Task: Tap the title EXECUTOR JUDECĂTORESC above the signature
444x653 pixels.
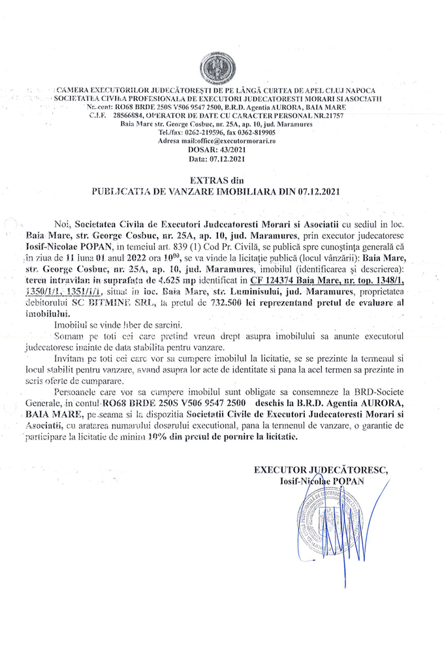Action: coord(321,469)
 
